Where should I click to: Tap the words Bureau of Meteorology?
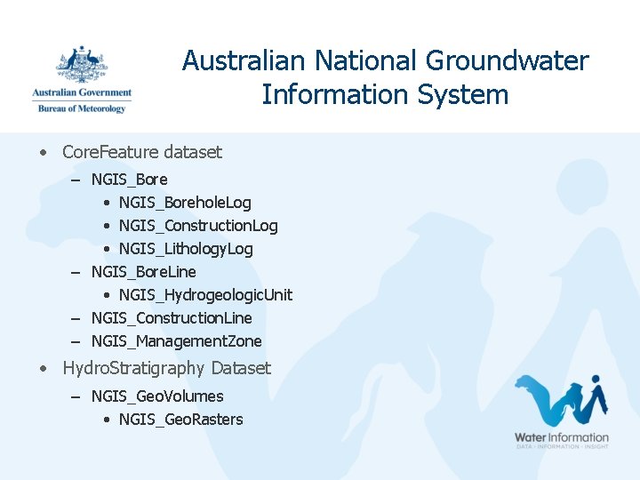click(x=82, y=108)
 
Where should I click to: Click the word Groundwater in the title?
click(x=507, y=60)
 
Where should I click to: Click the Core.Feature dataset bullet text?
click(x=142, y=152)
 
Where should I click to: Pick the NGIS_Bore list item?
click(x=129, y=180)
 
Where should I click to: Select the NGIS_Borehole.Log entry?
click(x=185, y=203)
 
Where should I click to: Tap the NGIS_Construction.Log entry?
click(x=198, y=226)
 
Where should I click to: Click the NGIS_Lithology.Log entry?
click(x=186, y=249)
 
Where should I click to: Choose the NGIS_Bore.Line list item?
click(x=143, y=272)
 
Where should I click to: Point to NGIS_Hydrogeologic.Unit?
click(x=205, y=295)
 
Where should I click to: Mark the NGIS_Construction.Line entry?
click(x=172, y=318)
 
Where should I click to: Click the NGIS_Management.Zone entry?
click(x=176, y=341)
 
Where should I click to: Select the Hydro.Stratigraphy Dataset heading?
click(x=166, y=368)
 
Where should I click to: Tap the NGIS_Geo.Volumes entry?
click(x=157, y=396)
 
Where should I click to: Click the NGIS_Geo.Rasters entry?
click(x=180, y=420)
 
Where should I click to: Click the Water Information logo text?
click(x=562, y=437)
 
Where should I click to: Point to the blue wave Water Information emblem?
click(x=560, y=401)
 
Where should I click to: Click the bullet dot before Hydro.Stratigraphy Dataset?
click(x=43, y=368)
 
